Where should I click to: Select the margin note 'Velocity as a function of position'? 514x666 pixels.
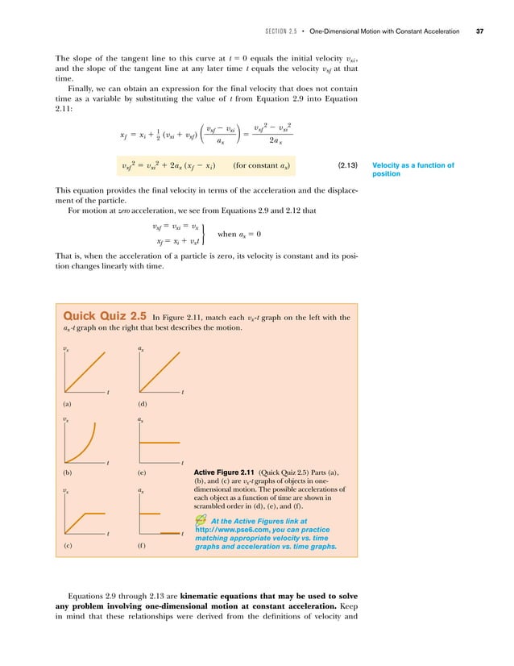click(413, 171)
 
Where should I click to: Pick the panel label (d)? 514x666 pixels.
click(142, 404)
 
